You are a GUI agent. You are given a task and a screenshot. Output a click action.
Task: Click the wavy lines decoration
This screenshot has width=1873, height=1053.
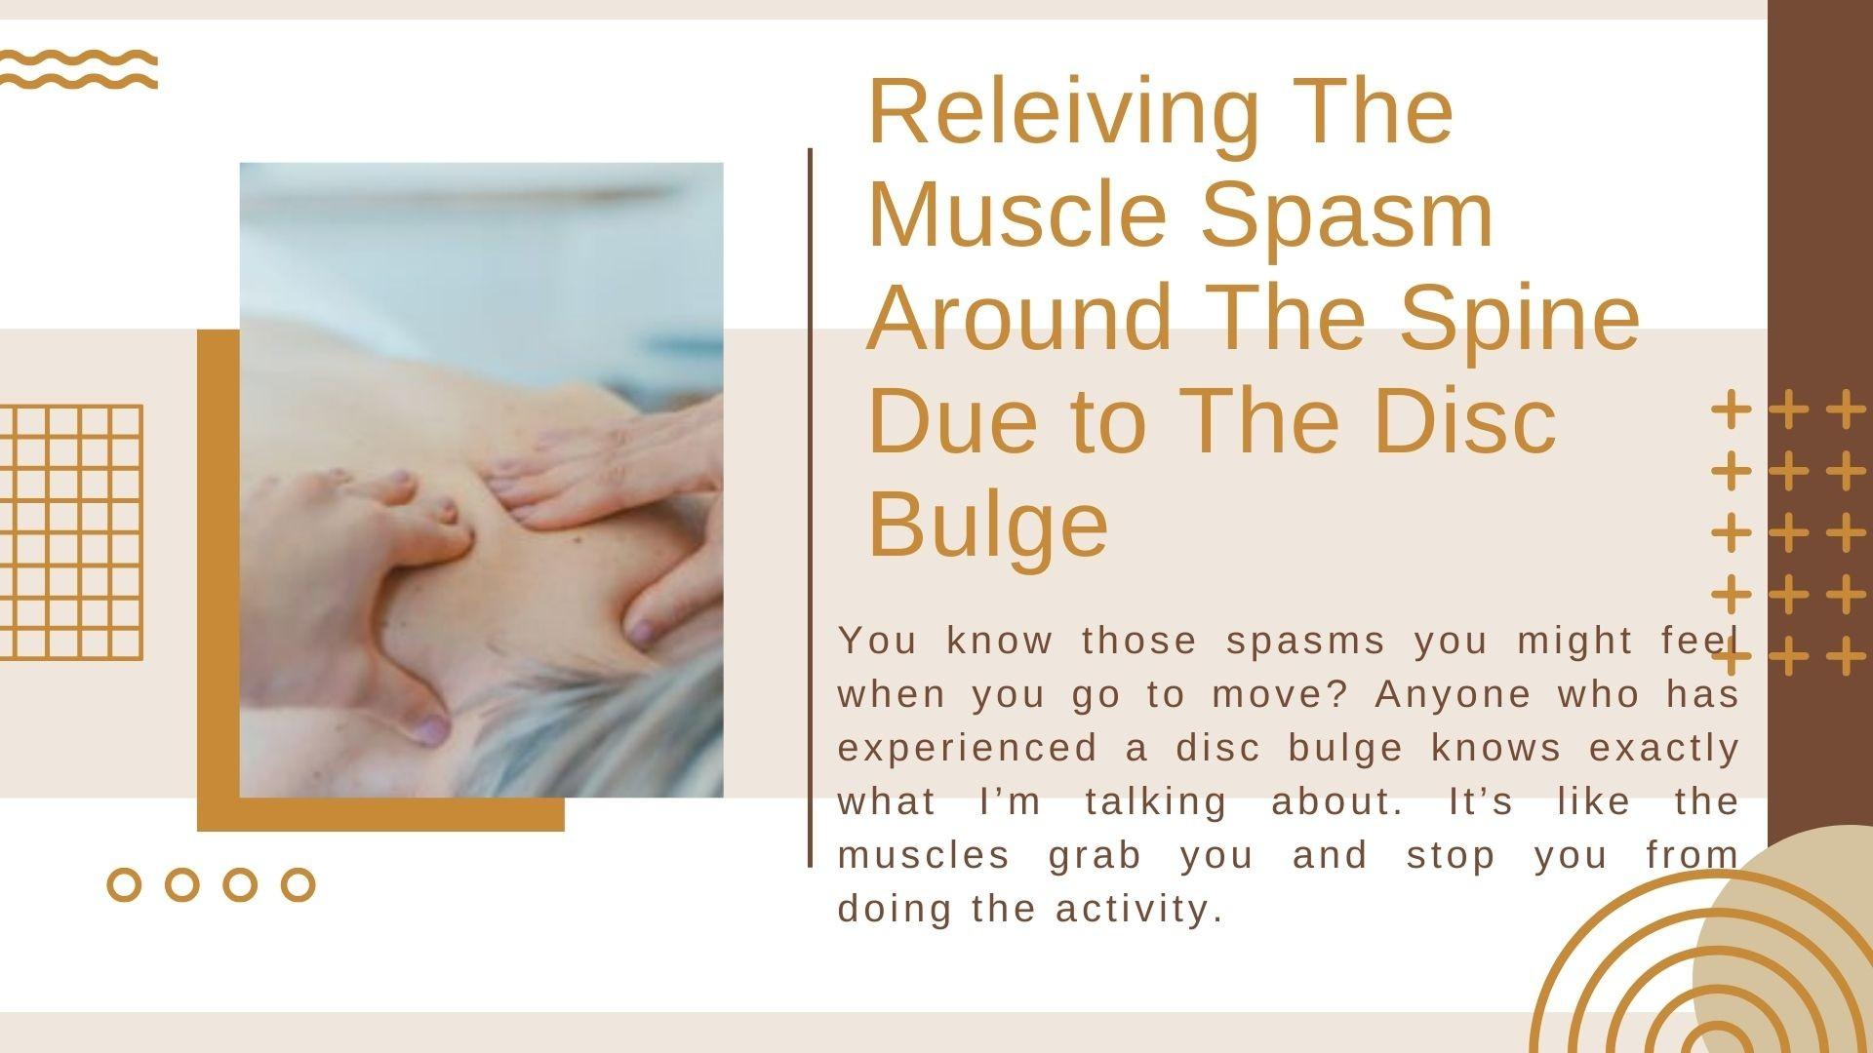click(78, 69)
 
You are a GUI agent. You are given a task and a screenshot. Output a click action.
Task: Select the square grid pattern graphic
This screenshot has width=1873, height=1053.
click(71, 532)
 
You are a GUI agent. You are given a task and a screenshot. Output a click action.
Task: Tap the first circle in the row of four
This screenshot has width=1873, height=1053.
click(124, 884)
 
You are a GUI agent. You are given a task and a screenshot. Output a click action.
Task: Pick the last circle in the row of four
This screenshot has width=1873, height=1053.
click(299, 884)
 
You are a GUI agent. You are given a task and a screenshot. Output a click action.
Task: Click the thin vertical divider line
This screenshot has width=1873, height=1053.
click(810, 507)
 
